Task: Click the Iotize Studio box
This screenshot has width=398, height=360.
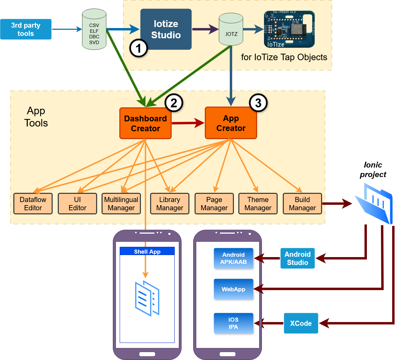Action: [x=166, y=29]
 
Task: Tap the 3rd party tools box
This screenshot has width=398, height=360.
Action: [x=26, y=29]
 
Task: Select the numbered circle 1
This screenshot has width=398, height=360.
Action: [x=138, y=49]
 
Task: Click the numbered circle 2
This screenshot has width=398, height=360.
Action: [x=173, y=103]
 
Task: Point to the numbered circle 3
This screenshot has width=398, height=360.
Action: [x=258, y=103]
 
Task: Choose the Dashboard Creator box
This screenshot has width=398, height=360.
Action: [x=145, y=123]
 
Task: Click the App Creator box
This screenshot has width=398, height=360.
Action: [x=231, y=123]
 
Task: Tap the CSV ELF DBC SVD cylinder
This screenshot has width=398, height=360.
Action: [x=94, y=30]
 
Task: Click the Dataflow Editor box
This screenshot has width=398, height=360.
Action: [x=33, y=204]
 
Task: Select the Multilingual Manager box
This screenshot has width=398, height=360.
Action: [x=121, y=204]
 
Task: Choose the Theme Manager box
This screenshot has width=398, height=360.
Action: [x=258, y=204]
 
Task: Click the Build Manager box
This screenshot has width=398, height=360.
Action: [x=302, y=204]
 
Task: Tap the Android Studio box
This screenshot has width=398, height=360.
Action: [x=297, y=258]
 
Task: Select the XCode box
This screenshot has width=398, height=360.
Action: [x=301, y=323]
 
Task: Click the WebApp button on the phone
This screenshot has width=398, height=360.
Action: [x=234, y=289]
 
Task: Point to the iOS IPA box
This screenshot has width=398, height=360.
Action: [x=234, y=323]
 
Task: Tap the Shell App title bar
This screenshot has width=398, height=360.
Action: [x=147, y=251]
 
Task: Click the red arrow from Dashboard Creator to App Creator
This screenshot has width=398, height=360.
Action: [x=188, y=123]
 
